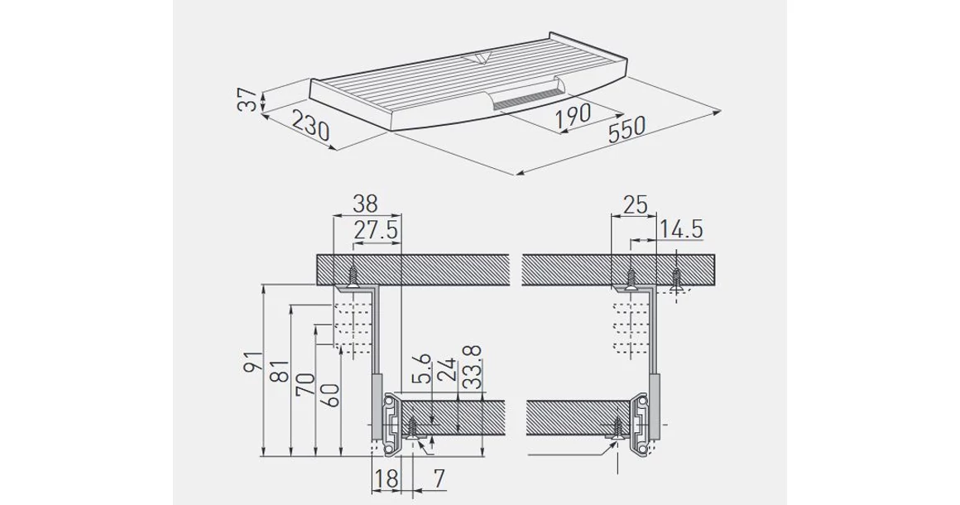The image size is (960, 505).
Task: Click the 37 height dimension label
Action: [247, 99]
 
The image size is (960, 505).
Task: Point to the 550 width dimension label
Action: [626, 129]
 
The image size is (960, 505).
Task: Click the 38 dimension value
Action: [365, 204]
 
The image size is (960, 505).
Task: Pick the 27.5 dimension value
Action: [376, 231]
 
